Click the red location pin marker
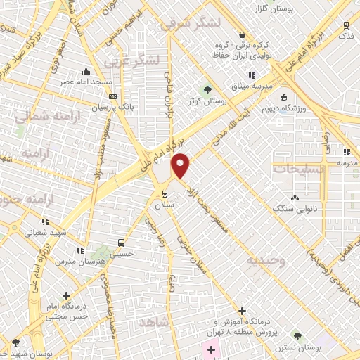pos(181,165)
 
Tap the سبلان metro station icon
pos(165,193)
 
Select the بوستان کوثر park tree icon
pos(207,89)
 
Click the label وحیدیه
pos(266,260)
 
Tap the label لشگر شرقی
pos(191,23)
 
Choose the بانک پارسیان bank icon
pos(114,97)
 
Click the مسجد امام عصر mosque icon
pos(86,71)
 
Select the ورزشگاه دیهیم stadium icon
pos(283,97)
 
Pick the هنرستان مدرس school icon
pos(82,250)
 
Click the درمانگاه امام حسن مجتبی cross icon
pos(66,296)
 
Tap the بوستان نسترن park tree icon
pos(297,336)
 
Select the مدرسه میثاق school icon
pos(251,75)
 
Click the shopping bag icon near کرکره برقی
pos(243,34)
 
